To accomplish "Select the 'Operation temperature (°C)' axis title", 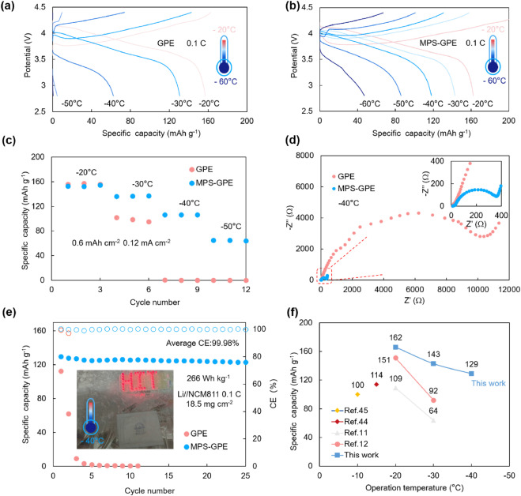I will (418, 487).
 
